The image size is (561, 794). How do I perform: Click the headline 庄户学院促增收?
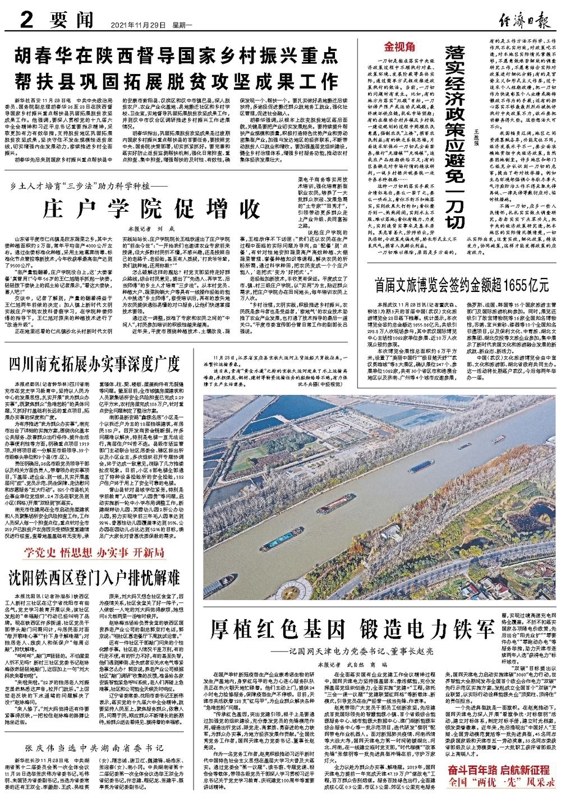click(x=145, y=208)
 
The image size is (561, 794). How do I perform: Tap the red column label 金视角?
click(x=398, y=47)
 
